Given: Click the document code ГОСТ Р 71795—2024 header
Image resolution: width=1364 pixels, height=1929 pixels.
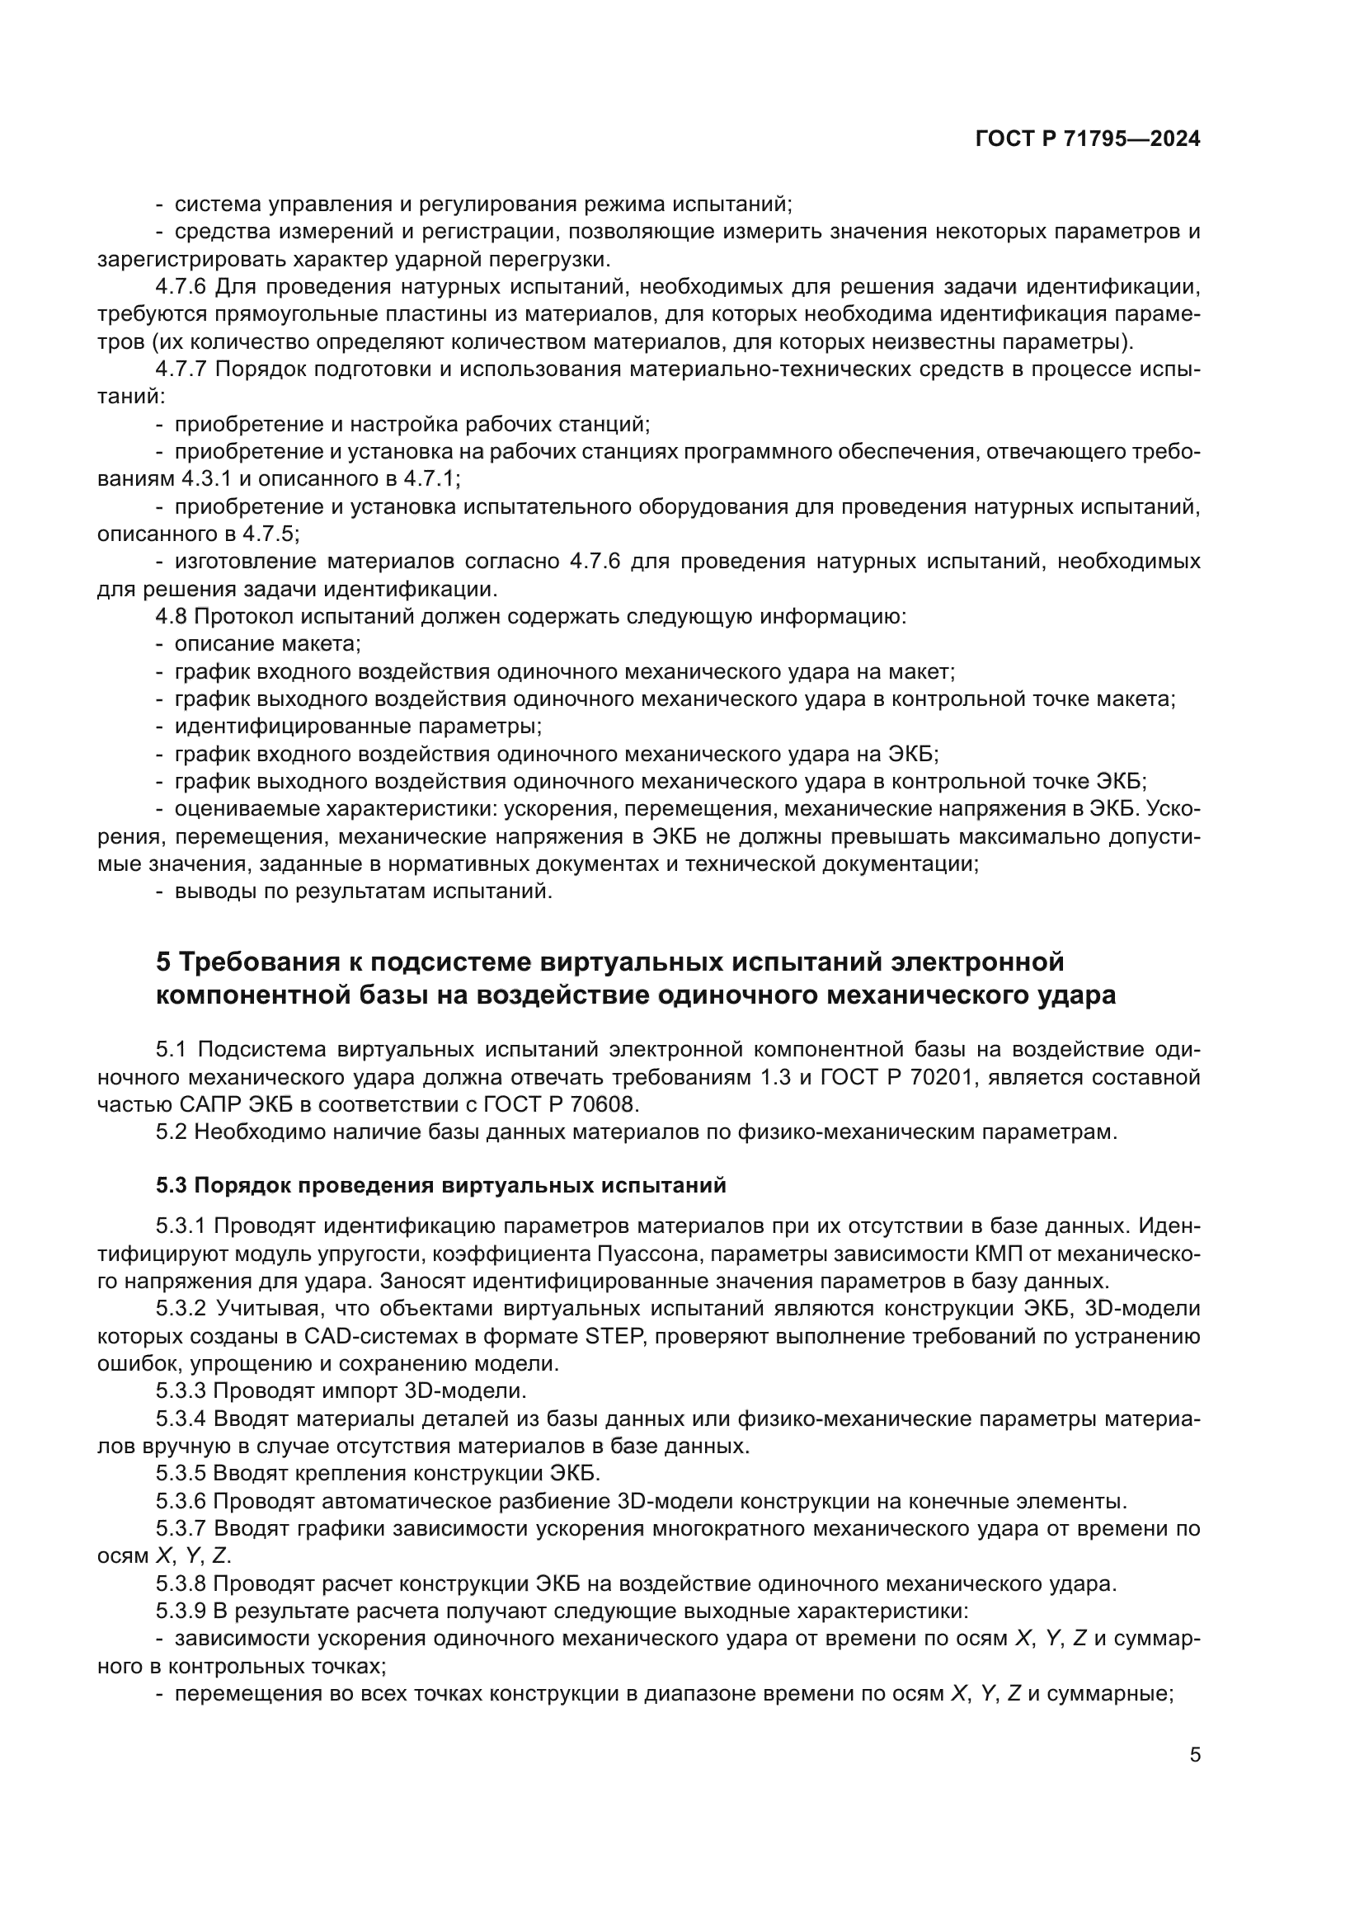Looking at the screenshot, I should [x=1088, y=139].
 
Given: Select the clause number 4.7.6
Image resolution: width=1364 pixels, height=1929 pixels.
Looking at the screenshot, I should [x=181, y=286].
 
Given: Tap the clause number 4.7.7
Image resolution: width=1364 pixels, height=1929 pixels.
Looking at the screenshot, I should [x=181, y=369].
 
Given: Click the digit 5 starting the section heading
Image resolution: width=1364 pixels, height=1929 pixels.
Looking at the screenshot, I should [x=163, y=961].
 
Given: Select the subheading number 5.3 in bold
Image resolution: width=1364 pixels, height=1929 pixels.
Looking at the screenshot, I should [x=172, y=1185].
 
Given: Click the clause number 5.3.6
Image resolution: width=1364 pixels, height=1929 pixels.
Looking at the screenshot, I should [x=181, y=1500].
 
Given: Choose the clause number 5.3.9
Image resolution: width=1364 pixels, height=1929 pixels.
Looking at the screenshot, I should [x=181, y=1611].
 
